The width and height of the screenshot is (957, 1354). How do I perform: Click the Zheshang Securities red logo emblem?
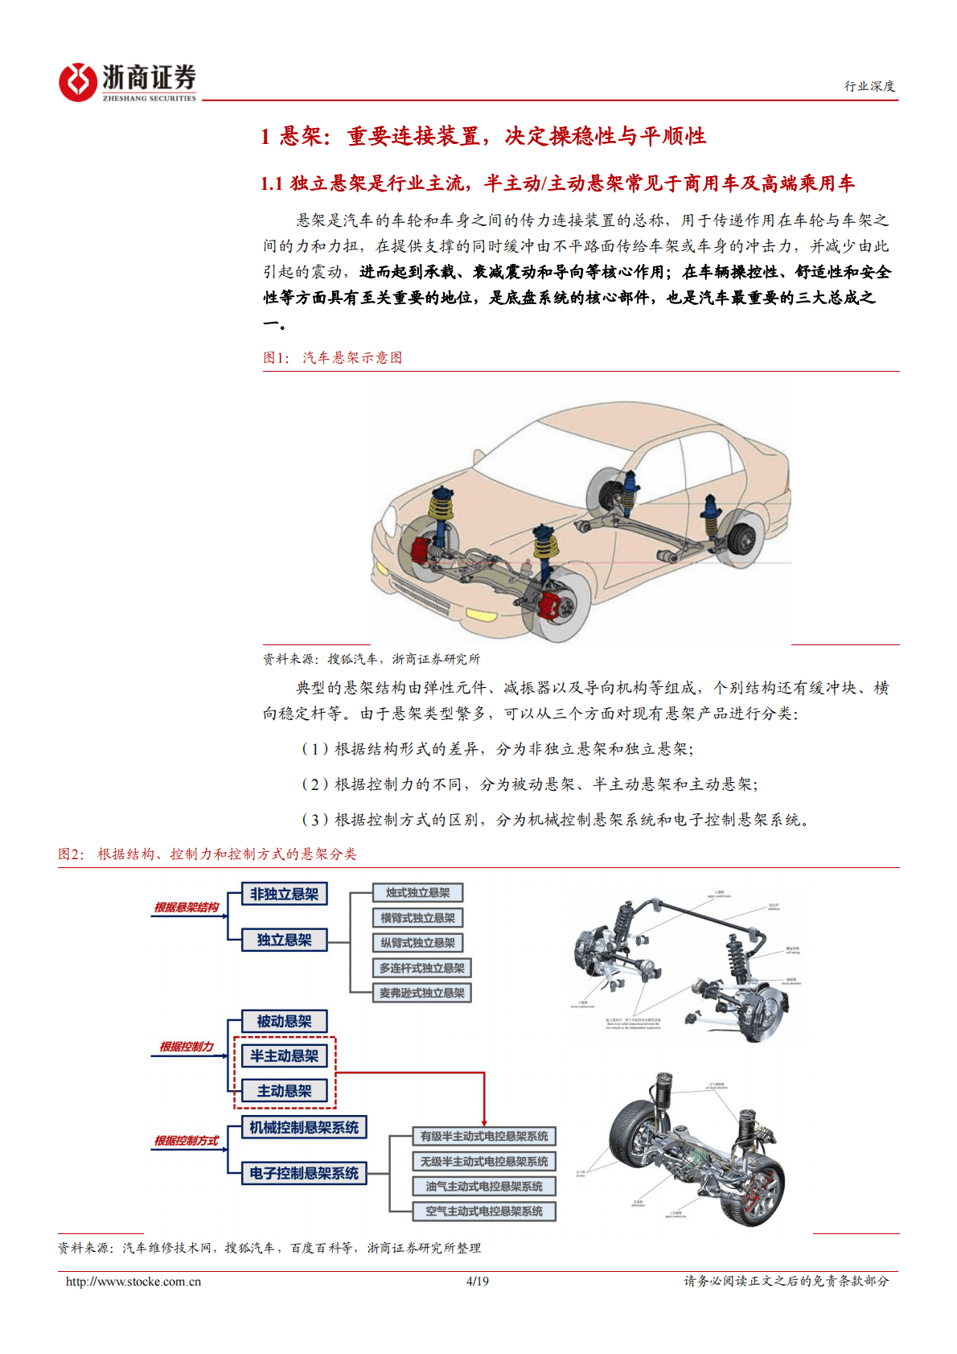[x=78, y=82]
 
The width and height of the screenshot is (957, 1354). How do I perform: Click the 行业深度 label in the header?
[x=869, y=86]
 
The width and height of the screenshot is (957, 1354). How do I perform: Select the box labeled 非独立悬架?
[x=284, y=894]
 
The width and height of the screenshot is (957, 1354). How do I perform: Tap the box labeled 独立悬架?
[x=284, y=940]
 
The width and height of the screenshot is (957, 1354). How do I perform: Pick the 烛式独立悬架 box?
[x=417, y=892]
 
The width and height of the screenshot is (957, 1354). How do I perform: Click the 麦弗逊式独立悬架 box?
[x=421, y=993]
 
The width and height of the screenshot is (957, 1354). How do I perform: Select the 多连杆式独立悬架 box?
[x=421, y=968]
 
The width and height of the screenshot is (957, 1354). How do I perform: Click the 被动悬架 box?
[x=284, y=1021]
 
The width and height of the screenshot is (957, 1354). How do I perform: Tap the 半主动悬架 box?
[x=284, y=1056]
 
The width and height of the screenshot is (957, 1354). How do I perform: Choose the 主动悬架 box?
[x=284, y=1091]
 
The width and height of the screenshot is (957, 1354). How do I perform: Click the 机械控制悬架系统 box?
[x=304, y=1127]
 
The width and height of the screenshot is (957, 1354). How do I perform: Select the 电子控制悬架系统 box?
[x=304, y=1173]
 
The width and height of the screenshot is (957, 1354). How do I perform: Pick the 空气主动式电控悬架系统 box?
[x=484, y=1211]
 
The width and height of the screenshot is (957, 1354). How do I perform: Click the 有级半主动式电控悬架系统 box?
[x=484, y=1136]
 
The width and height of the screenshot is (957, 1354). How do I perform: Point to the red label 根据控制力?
[x=187, y=1047]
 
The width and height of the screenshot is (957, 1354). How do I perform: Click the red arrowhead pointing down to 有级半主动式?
[x=484, y=1121]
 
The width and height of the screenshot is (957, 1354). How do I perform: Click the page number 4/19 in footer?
[x=477, y=1282]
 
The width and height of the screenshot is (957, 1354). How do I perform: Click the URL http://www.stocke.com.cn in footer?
[x=133, y=1282]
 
